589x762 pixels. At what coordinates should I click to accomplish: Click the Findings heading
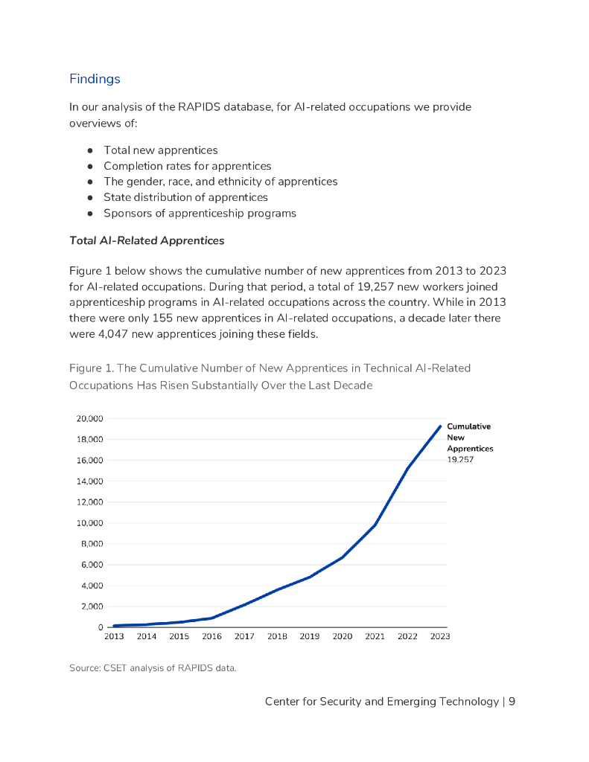(x=95, y=79)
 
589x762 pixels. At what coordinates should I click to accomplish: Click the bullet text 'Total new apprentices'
(x=160, y=150)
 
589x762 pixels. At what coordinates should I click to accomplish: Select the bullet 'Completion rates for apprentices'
(x=187, y=166)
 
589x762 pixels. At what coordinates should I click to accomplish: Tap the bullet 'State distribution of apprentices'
(x=185, y=197)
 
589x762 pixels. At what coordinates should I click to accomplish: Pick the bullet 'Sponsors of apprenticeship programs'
(x=200, y=214)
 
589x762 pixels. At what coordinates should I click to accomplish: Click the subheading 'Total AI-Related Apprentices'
(x=147, y=241)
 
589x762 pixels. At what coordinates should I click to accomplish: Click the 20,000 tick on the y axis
(x=89, y=418)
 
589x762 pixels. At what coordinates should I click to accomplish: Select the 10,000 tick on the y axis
(x=89, y=523)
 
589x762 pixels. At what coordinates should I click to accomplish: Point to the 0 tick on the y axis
(x=100, y=627)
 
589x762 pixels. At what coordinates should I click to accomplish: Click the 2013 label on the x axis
(x=114, y=637)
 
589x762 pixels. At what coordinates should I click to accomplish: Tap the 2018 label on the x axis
(x=277, y=637)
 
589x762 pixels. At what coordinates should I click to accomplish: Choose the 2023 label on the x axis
(x=439, y=637)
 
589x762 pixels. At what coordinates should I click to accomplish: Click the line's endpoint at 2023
(x=440, y=426)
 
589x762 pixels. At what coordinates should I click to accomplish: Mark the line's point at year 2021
(x=375, y=525)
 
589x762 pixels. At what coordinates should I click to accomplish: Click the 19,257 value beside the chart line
(x=460, y=460)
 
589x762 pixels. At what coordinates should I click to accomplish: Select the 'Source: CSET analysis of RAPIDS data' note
(x=153, y=668)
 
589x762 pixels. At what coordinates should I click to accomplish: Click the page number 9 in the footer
(x=512, y=702)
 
